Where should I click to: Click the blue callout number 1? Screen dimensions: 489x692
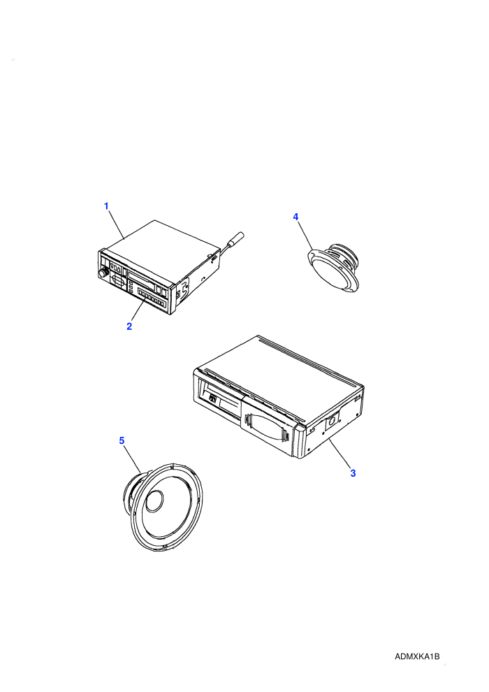105,206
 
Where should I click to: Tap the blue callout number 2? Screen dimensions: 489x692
129,326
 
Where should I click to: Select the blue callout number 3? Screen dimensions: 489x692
353,473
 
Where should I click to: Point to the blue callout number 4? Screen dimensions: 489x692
296,217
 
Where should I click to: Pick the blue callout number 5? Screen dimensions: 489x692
122,440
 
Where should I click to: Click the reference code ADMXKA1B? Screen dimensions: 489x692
417,656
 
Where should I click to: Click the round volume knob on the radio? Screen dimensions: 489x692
103,273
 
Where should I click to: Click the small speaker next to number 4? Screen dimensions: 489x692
334,266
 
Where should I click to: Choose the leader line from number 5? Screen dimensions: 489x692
132,459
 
